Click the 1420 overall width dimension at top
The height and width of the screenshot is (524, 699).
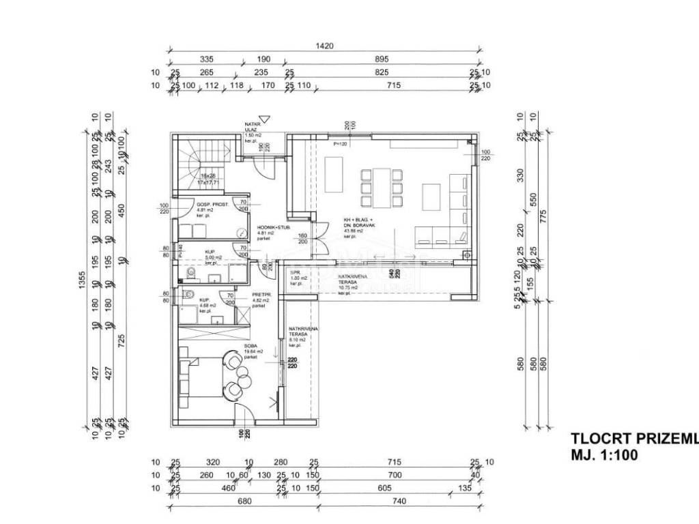(325, 46)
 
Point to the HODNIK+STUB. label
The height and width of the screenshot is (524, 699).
(271, 229)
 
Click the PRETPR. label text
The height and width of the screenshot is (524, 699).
(262, 295)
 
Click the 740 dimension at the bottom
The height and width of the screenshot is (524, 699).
(401, 501)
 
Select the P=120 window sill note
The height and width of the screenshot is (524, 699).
(340, 145)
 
